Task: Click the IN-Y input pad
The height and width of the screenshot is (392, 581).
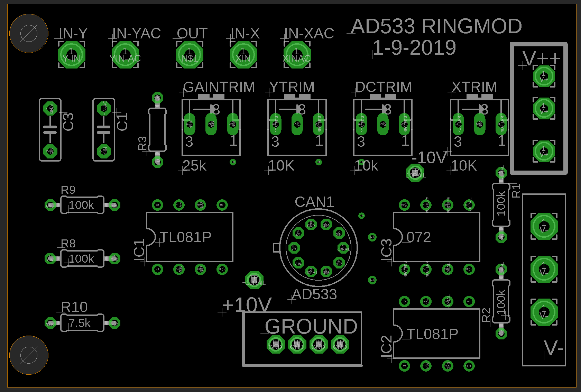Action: click(x=72, y=55)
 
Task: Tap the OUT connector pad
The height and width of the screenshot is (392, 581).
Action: click(x=190, y=55)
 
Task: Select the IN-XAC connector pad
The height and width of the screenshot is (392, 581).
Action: click(x=297, y=55)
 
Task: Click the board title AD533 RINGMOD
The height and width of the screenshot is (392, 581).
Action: click(x=436, y=26)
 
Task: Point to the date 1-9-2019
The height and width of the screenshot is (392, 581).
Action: click(x=414, y=48)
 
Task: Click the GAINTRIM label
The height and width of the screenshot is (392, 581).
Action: click(x=219, y=87)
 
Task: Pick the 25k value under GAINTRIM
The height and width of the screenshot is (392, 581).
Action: click(x=194, y=166)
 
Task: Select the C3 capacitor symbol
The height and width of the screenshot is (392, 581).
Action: click(x=50, y=130)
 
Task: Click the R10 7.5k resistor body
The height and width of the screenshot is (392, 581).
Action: click(x=82, y=323)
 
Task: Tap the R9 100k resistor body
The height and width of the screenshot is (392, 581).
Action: click(x=82, y=205)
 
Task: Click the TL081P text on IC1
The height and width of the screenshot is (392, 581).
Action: click(x=186, y=237)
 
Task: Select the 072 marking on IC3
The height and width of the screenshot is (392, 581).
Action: click(x=419, y=237)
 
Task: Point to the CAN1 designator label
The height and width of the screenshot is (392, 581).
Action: click(x=314, y=202)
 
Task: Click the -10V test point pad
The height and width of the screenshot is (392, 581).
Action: click(x=415, y=172)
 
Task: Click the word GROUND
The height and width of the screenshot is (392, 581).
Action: click(x=311, y=327)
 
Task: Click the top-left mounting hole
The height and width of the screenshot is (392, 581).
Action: click(x=29, y=34)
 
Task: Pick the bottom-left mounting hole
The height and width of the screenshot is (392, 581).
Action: click(x=29, y=355)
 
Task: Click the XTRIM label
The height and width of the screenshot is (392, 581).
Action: click(x=474, y=87)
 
